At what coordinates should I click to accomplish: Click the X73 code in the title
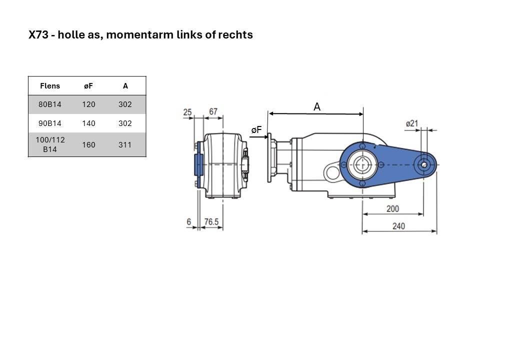[x=38, y=34]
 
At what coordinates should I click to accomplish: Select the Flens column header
[x=50, y=86]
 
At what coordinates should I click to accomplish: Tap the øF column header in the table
[x=88, y=86]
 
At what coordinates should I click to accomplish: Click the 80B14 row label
[x=50, y=104]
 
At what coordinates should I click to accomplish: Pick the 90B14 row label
[x=50, y=123]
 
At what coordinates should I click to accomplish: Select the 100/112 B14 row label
[x=50, y=144]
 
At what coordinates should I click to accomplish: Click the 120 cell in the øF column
[x=88, y=104]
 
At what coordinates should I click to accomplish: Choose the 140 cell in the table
[x=88, y=123]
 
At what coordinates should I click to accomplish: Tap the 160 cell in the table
[x=88, y=145]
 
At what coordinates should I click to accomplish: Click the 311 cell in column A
[x=125, y=145]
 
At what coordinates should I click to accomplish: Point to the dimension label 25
[x=187, y=112]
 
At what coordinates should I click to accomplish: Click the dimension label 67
[x=213, y=111]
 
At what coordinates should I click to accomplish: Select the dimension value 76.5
[x=211, y=221]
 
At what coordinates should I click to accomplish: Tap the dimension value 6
[x=188, y=221]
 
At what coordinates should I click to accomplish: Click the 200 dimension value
[x=392, y=209]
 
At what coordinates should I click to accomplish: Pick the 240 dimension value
[x=398, y=226]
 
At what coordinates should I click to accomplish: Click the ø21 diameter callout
[x=412, y=123]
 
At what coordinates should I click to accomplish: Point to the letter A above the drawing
[x=317, y=106]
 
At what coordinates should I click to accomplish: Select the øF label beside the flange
[x=256, y=130]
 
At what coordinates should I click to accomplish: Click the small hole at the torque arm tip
[x=424, y=164]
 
